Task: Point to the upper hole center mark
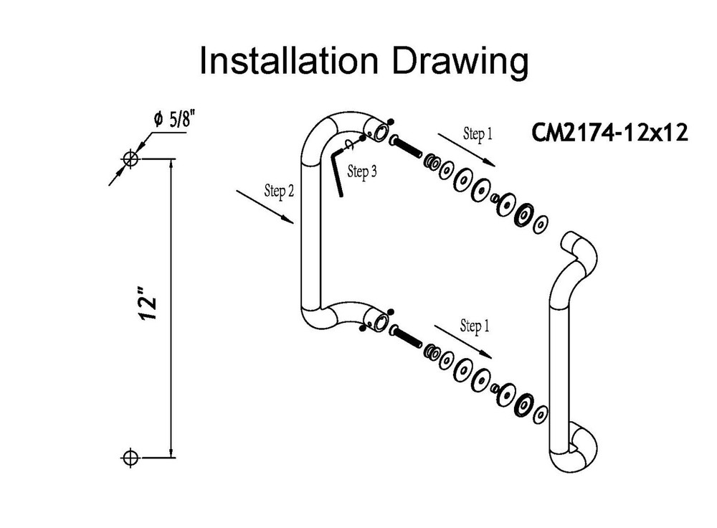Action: (x=130, y=159)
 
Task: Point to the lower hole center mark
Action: (x=130, y=456)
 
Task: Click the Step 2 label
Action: (x=279, y=190)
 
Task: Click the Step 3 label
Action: (x=362, y=171)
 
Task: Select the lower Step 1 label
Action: (x=475, y=326)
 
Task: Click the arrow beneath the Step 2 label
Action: (x=265, y=208)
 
